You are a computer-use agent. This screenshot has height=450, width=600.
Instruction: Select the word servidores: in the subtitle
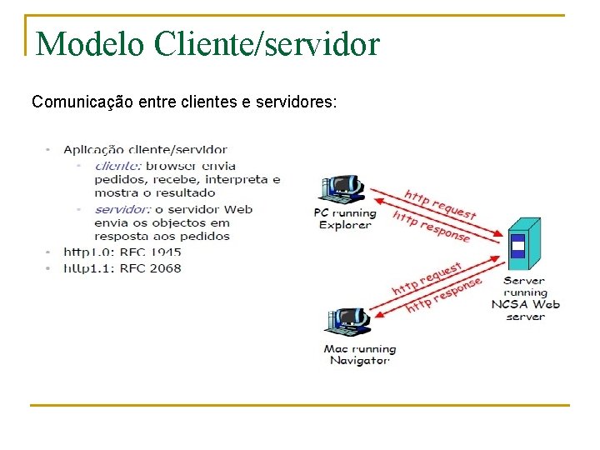click(x=297, y=102)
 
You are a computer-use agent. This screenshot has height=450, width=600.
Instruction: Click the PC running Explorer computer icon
click(x=342, y=191)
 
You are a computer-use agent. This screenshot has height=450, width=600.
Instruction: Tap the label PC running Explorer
click(x=344, y=218)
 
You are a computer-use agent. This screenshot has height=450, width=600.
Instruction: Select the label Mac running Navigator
click(x=359, y=354)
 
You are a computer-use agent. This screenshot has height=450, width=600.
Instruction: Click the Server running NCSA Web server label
click(x=526, y=298)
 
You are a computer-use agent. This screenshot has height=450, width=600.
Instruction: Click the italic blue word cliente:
click(x=117, y=165)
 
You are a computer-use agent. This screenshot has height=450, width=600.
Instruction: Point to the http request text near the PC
click(x=441, y=202)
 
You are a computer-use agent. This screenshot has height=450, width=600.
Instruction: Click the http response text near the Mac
click(x=443, y=296)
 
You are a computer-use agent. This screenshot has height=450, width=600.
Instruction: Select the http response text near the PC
click(x=432, y=226)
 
